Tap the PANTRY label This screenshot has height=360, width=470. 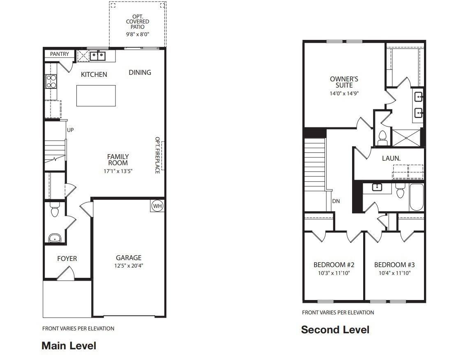click(60, 54)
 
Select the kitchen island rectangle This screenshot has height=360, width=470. click(96, 95)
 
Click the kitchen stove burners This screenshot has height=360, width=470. click(51, 81)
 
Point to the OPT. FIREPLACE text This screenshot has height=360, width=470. click(157, 155)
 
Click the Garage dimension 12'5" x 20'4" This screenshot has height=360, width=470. click(129, 265)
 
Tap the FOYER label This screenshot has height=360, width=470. click(67, 258)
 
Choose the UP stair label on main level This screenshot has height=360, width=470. click(70, 130)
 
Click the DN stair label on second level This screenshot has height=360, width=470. click(336, 201)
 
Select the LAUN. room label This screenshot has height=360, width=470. click(391, 158)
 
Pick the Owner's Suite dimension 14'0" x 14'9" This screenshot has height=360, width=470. click(344, 93)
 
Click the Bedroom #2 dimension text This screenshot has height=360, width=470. click(334, 273)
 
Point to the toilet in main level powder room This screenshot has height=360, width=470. click(54, 211)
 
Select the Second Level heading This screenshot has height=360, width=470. click(335, 330)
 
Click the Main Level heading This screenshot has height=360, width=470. click(69, 346)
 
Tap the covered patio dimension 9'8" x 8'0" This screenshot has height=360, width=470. click(138, 35)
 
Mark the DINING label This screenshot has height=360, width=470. click(140, 72)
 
